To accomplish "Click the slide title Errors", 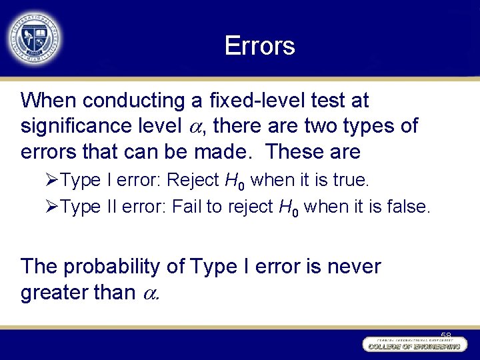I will pyautogui.click(x=259, y=46).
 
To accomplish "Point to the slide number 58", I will pyautogui.click(x=445, y=334).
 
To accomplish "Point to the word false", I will pyautogui.click(x=409, y=207).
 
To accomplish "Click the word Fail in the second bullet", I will pyautogui.click(x=187, y=207).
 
